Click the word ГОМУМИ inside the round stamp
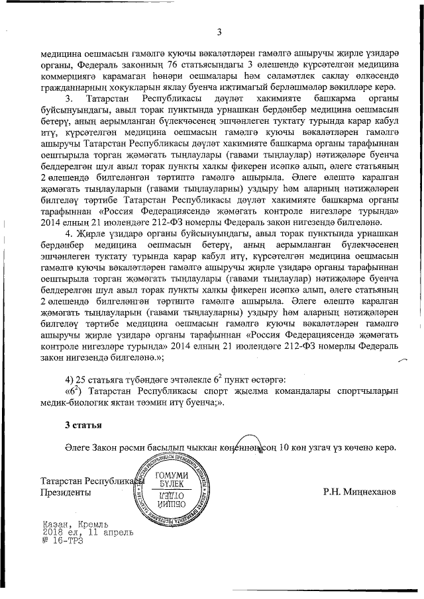point(170,477)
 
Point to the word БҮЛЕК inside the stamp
point(170,486)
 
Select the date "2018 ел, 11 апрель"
point(87,531)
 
